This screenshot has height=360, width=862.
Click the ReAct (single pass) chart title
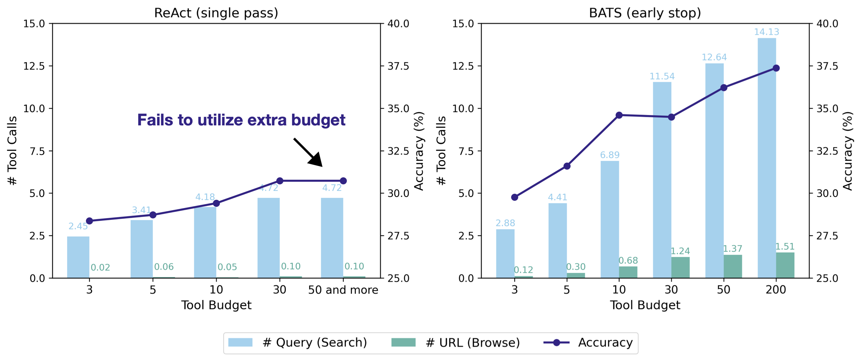pyautogui.click(x=216, y=13)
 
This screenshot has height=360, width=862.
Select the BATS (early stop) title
pyautogui.click(x=645, y=13)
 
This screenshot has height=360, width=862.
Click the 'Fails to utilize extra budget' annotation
pyautogui.click(x=241, y=120)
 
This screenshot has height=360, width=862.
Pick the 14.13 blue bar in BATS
pyautogui.click(x=767, y=158)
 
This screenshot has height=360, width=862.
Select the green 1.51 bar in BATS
pyautogui.click(x=785, y=265)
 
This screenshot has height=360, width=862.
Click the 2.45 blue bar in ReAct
pyautogui.click(x=78, y=257)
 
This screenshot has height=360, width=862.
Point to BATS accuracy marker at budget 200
pyautogui.click(x=776, y=68)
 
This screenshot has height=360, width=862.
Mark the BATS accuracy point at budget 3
pyautogui.click(x=515, y=197)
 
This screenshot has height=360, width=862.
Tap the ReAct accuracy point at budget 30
pyautogui.click(x=280, y=181)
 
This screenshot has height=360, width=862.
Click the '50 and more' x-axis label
pyautogui.click(x=343, y=290)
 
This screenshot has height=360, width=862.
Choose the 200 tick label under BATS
pyautogui.click(x=776, y=290)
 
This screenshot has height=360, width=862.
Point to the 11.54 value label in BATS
pyautogui.click(x=662, y=76)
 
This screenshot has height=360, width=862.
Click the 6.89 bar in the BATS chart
pyautogui.click(x=610, y=219)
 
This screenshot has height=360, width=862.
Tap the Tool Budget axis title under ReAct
pyautogui.click(x=216, y=305)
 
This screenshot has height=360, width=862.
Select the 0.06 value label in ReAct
pyautogui.click(x=164, y=267)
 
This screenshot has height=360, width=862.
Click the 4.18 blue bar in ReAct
pyautogui.click(x=205, y=243)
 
